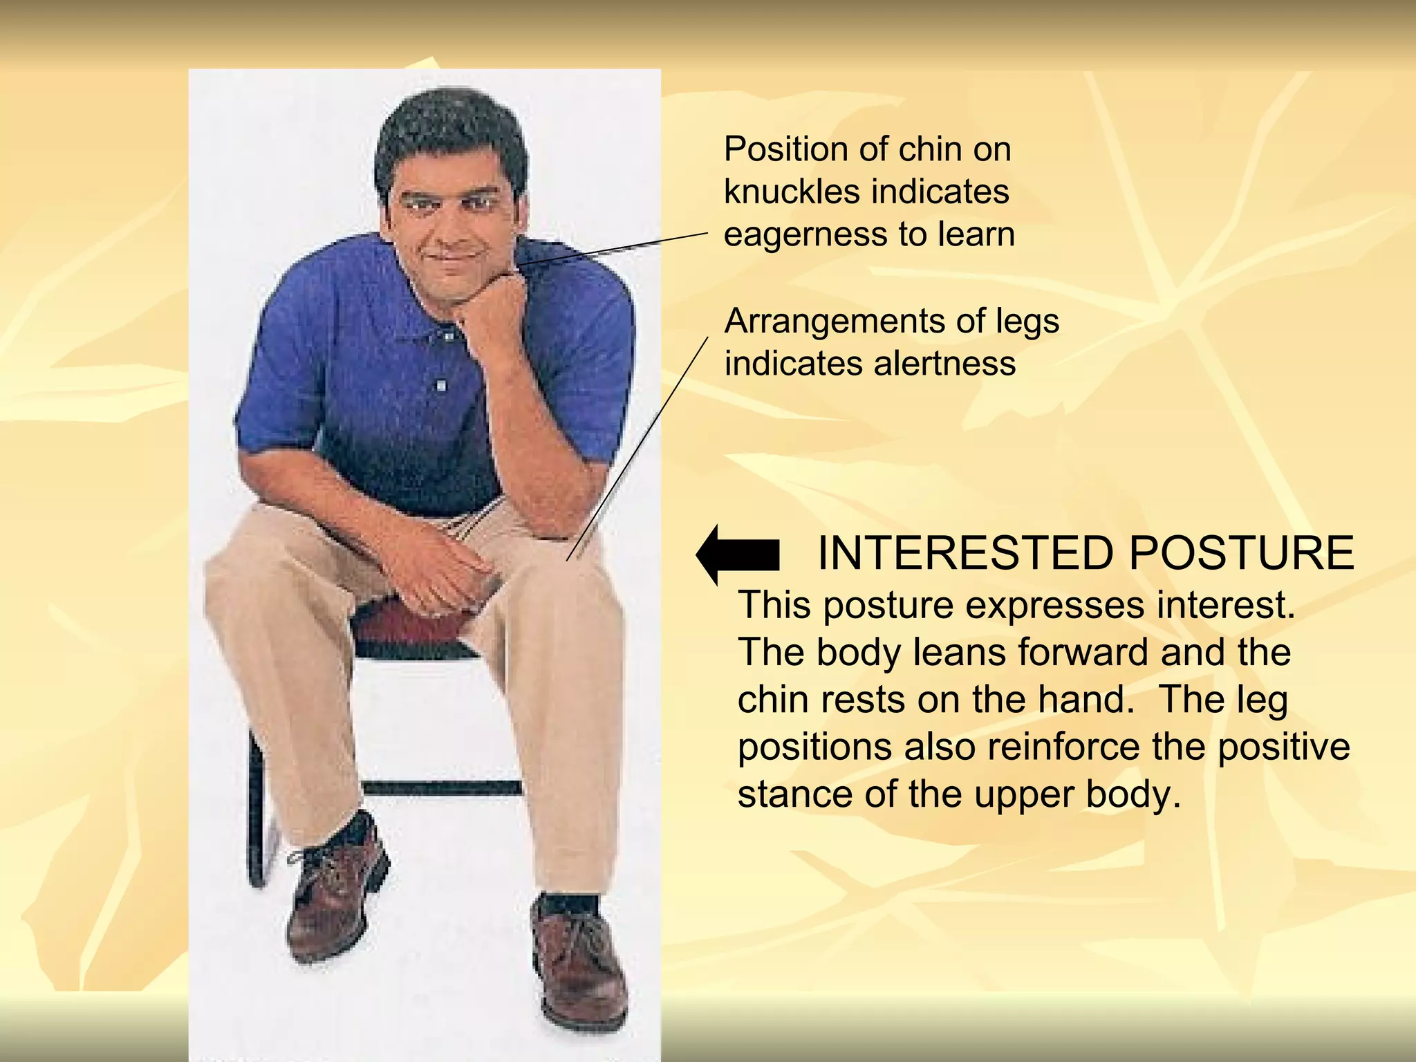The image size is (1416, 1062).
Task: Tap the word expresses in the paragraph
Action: click(1055, 606)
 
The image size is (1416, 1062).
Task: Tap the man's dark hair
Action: click(449, 131)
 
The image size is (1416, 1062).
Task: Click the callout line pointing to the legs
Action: click(636, 449)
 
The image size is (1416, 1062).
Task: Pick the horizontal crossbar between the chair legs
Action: click(442, 788)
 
